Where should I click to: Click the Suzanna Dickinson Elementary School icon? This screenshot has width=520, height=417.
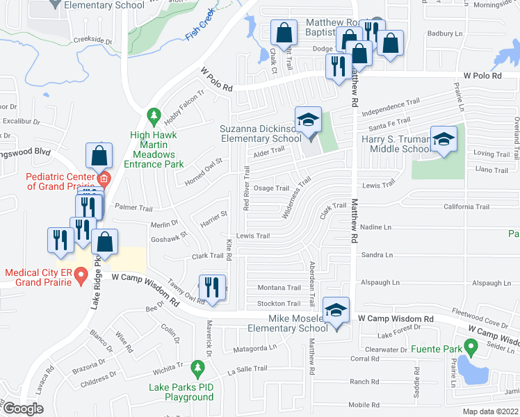point(308,120)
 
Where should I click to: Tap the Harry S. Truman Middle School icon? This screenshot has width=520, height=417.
point(444,139)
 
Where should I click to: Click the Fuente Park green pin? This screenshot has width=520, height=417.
point(470,345)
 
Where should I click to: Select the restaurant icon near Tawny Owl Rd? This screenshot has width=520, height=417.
point(213,287)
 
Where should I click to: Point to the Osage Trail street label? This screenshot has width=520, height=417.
point(271,188)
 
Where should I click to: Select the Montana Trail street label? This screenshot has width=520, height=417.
point(279,288)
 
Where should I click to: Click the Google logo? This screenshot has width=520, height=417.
point(22,409)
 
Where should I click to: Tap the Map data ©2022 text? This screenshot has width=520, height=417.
point(490,411)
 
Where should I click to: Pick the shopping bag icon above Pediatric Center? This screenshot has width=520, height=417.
point(99,154)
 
